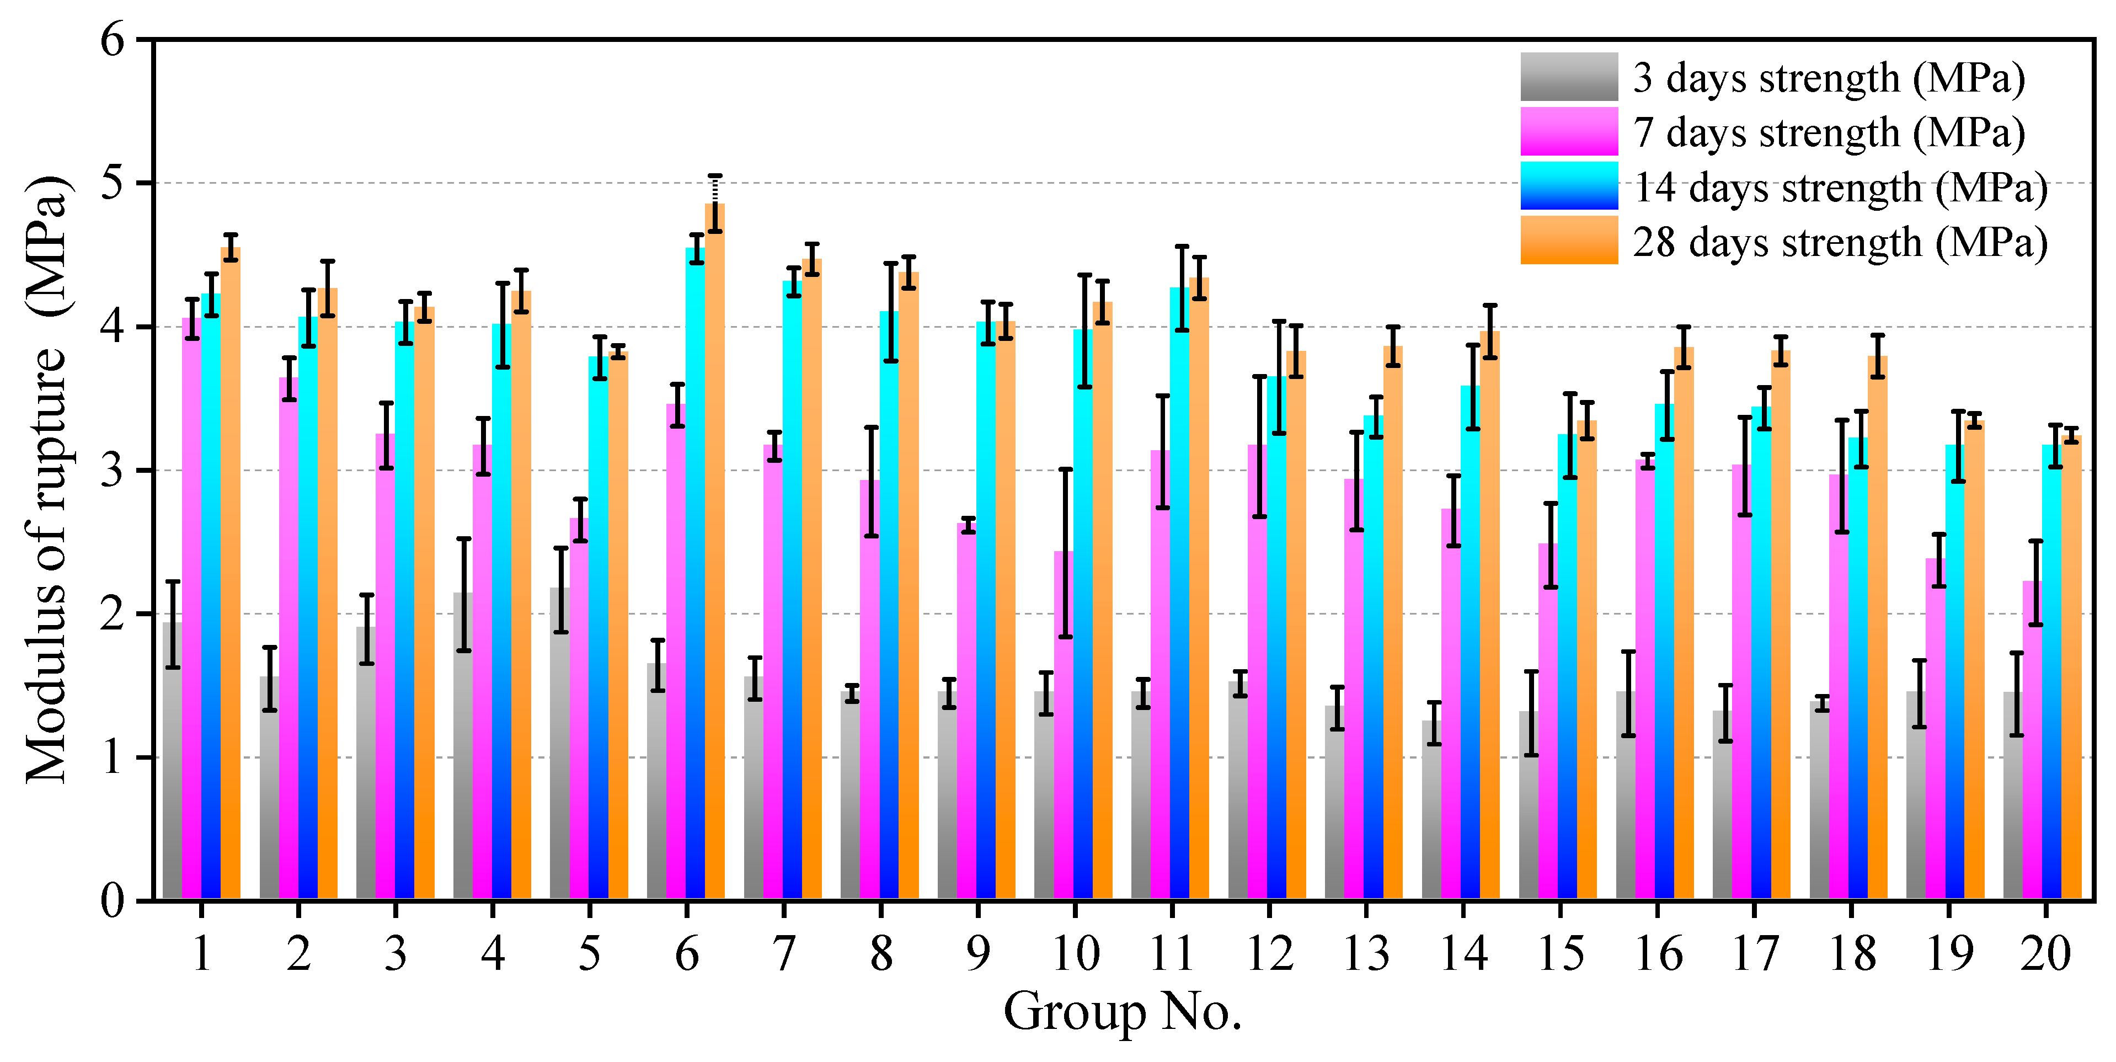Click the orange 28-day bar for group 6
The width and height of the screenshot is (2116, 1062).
click(x=715, y=575)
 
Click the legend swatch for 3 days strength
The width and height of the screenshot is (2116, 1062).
click(x=1568, y=77)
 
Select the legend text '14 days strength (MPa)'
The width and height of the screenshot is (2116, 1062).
click(x=1840, y=187)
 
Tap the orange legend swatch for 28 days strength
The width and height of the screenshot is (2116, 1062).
click(x=1568, y=241)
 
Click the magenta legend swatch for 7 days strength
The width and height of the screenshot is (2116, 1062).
click(x=1568, y=131)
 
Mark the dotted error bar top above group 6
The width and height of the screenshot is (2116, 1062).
click(x=715, y=176)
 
